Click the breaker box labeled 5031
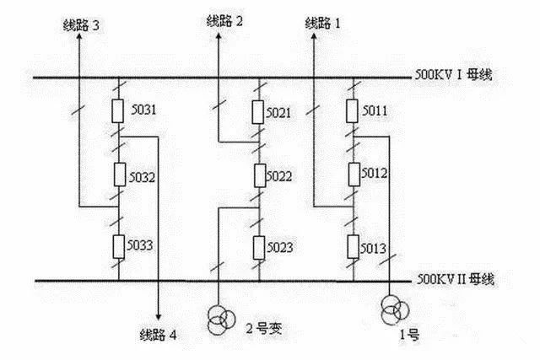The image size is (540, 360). [119, 111]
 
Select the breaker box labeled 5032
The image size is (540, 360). [119, 177]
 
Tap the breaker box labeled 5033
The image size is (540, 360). [119, 247]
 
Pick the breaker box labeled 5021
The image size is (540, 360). [260, 111]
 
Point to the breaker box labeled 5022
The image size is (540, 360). [260, 176]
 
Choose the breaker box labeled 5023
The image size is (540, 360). [260, 247]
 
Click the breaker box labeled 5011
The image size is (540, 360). [355, 111]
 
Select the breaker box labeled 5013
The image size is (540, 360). [355, 247]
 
